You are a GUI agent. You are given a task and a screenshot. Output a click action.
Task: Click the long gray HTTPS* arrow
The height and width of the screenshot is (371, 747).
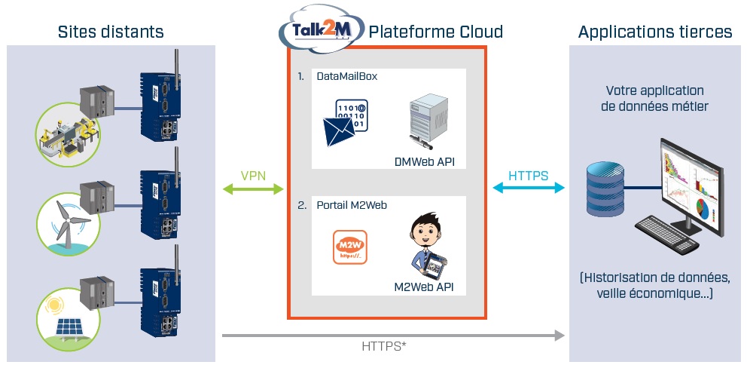[392, 335]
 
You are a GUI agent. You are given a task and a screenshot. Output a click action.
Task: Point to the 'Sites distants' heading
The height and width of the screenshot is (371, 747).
[111, 32]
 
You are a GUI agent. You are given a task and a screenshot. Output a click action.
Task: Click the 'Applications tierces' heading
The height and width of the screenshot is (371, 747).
[654, 32]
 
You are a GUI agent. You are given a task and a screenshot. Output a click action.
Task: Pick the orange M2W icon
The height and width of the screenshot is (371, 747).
[349, 247]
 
